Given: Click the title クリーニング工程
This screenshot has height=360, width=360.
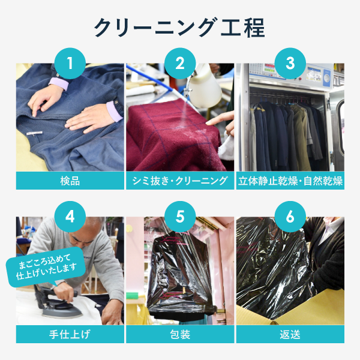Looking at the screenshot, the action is coord(180,28).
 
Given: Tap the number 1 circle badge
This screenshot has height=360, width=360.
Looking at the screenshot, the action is coord(70,64).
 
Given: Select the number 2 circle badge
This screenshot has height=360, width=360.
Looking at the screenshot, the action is coord(180,64).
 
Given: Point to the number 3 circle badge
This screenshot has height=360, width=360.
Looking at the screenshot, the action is coord(290,64).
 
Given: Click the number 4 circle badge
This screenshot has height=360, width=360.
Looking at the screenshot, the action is coord(70,217).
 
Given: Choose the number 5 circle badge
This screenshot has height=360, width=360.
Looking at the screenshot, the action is coord(180,217).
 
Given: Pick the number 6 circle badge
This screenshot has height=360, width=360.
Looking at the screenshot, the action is coord(290,217).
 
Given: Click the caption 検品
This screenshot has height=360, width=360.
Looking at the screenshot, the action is coord(70,181).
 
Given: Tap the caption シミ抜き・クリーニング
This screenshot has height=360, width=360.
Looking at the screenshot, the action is coord(180,181).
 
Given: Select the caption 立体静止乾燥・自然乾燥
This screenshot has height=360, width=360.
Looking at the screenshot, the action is coord(290,181).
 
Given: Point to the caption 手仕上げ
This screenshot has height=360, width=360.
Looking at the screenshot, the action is coord(70,334).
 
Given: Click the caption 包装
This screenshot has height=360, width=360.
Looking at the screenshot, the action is coord(180,334).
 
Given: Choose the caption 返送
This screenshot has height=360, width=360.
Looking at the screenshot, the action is coord(290,334).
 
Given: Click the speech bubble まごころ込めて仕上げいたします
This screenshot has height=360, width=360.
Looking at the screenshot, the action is coord(46,267).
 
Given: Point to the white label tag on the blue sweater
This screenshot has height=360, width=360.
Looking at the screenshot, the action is coord(34,133).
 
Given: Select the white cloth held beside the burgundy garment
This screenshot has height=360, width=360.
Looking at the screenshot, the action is coord(226,148).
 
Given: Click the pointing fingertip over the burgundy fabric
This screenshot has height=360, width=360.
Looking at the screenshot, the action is coord(208,123).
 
